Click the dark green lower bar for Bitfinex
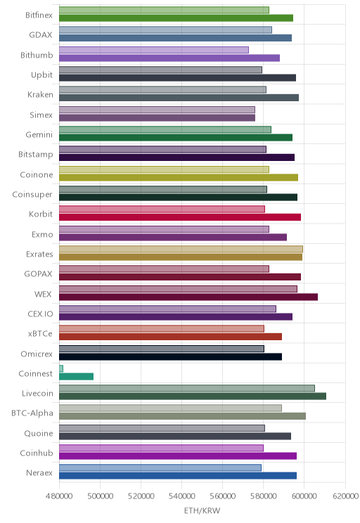click(x=176, y=18)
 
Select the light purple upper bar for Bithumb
click(x=154, y=50)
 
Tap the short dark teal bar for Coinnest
click(x=77, y=377)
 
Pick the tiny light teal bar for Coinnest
click(x=61, y=368)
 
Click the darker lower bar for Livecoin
click(x=193, y=396)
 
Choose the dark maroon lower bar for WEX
click(x=188, y=297)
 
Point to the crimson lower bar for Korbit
click(x=180, y=217)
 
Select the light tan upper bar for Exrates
click(x=181, y=249)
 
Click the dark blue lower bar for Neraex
click(x=178, y=476)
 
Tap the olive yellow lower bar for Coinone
click(x=179, y=177)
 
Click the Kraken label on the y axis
click(x=40, y=95)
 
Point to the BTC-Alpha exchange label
click(x=32, y=413)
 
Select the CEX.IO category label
click(x=40, y=314)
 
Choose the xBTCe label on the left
click(x=40, y=333)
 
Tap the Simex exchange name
click(x=41, y=115)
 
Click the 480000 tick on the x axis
click(x=59, y=496)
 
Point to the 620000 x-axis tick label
click(x=345, y=496)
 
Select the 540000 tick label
click(x=182, y=496)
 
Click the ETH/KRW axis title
click(x=202, y=510)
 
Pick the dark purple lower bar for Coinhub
click(x=178, y=456)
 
